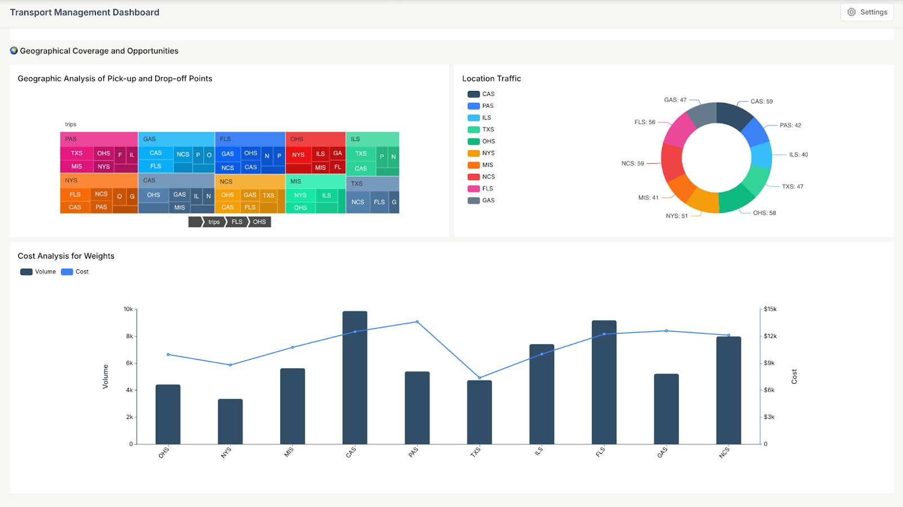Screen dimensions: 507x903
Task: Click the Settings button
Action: point(867,12)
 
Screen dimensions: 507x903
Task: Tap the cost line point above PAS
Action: point(417,322)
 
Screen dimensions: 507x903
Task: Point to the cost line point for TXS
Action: point(479,378)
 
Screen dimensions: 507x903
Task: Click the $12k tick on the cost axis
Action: point(770,336)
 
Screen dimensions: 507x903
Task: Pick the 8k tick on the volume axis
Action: point(129,336)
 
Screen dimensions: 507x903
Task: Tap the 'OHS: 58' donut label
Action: point(764,213)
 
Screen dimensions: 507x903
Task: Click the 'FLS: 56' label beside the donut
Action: point(645,122)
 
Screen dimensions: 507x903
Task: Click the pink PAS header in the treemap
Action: point(99,139)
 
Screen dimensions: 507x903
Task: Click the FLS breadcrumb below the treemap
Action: point(237,222)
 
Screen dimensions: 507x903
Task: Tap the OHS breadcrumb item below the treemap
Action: point(259,222)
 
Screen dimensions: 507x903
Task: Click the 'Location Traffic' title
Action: point(491,78)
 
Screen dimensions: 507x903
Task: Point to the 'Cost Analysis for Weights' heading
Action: point(66,256)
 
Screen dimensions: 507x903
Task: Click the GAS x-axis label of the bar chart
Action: point(663,452)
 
